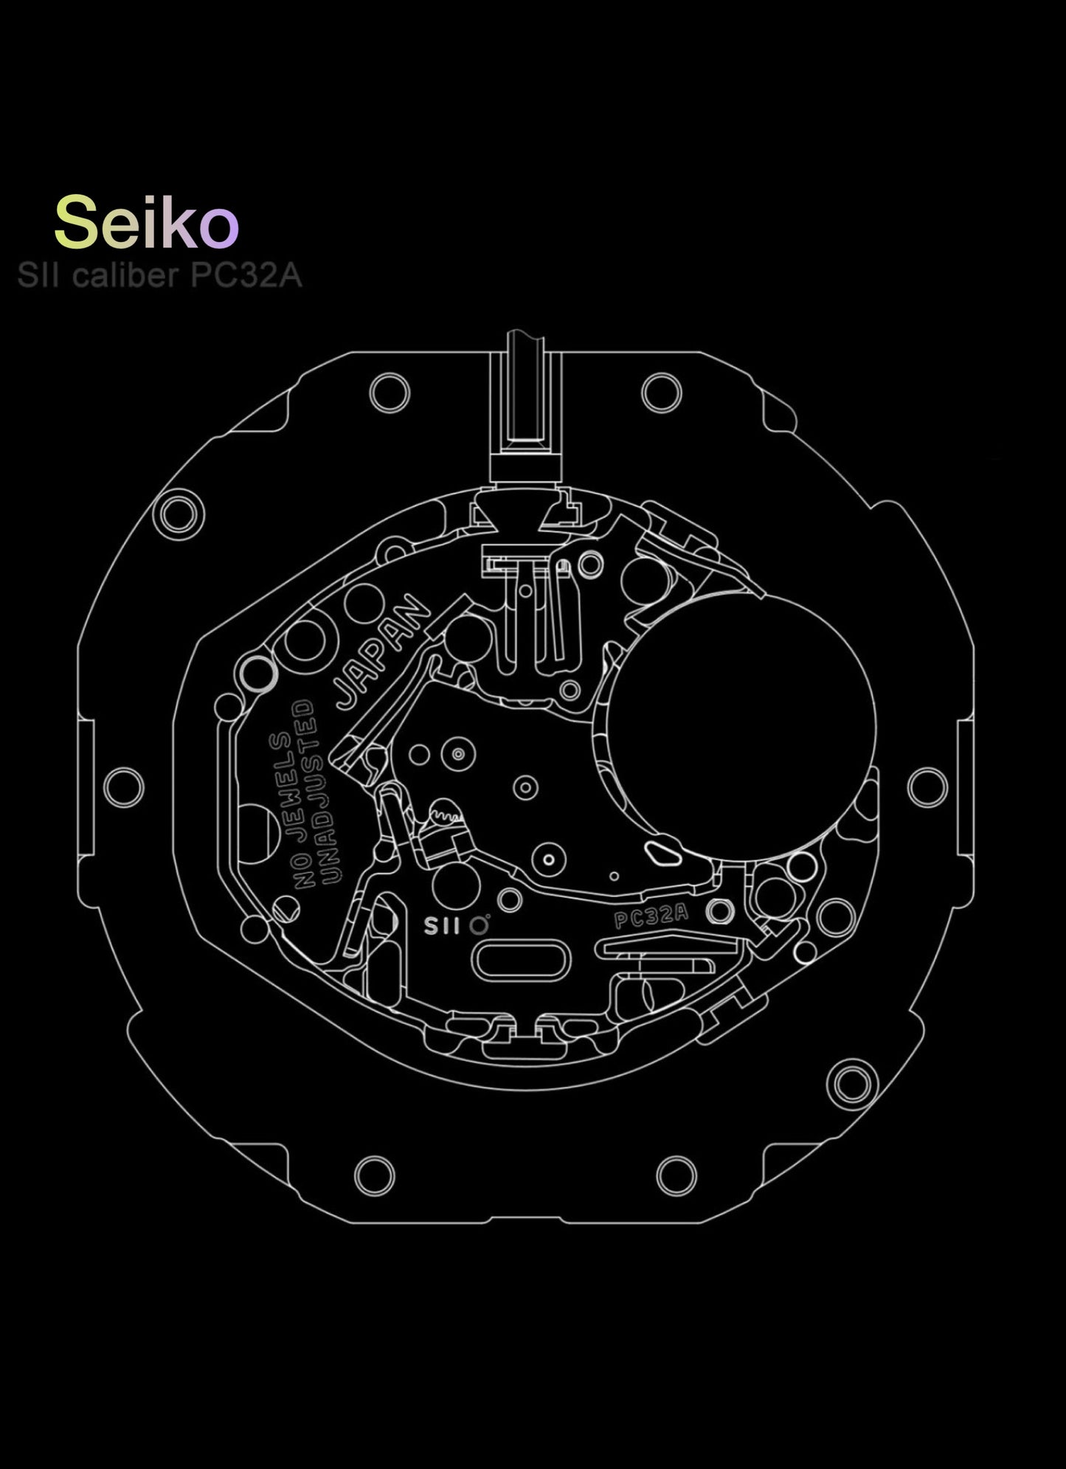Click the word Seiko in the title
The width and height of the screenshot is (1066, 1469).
tap(146, 222)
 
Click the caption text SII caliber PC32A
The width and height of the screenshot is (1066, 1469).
tap(159, 276)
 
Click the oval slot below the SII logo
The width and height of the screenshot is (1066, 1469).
tap(522, 961)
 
